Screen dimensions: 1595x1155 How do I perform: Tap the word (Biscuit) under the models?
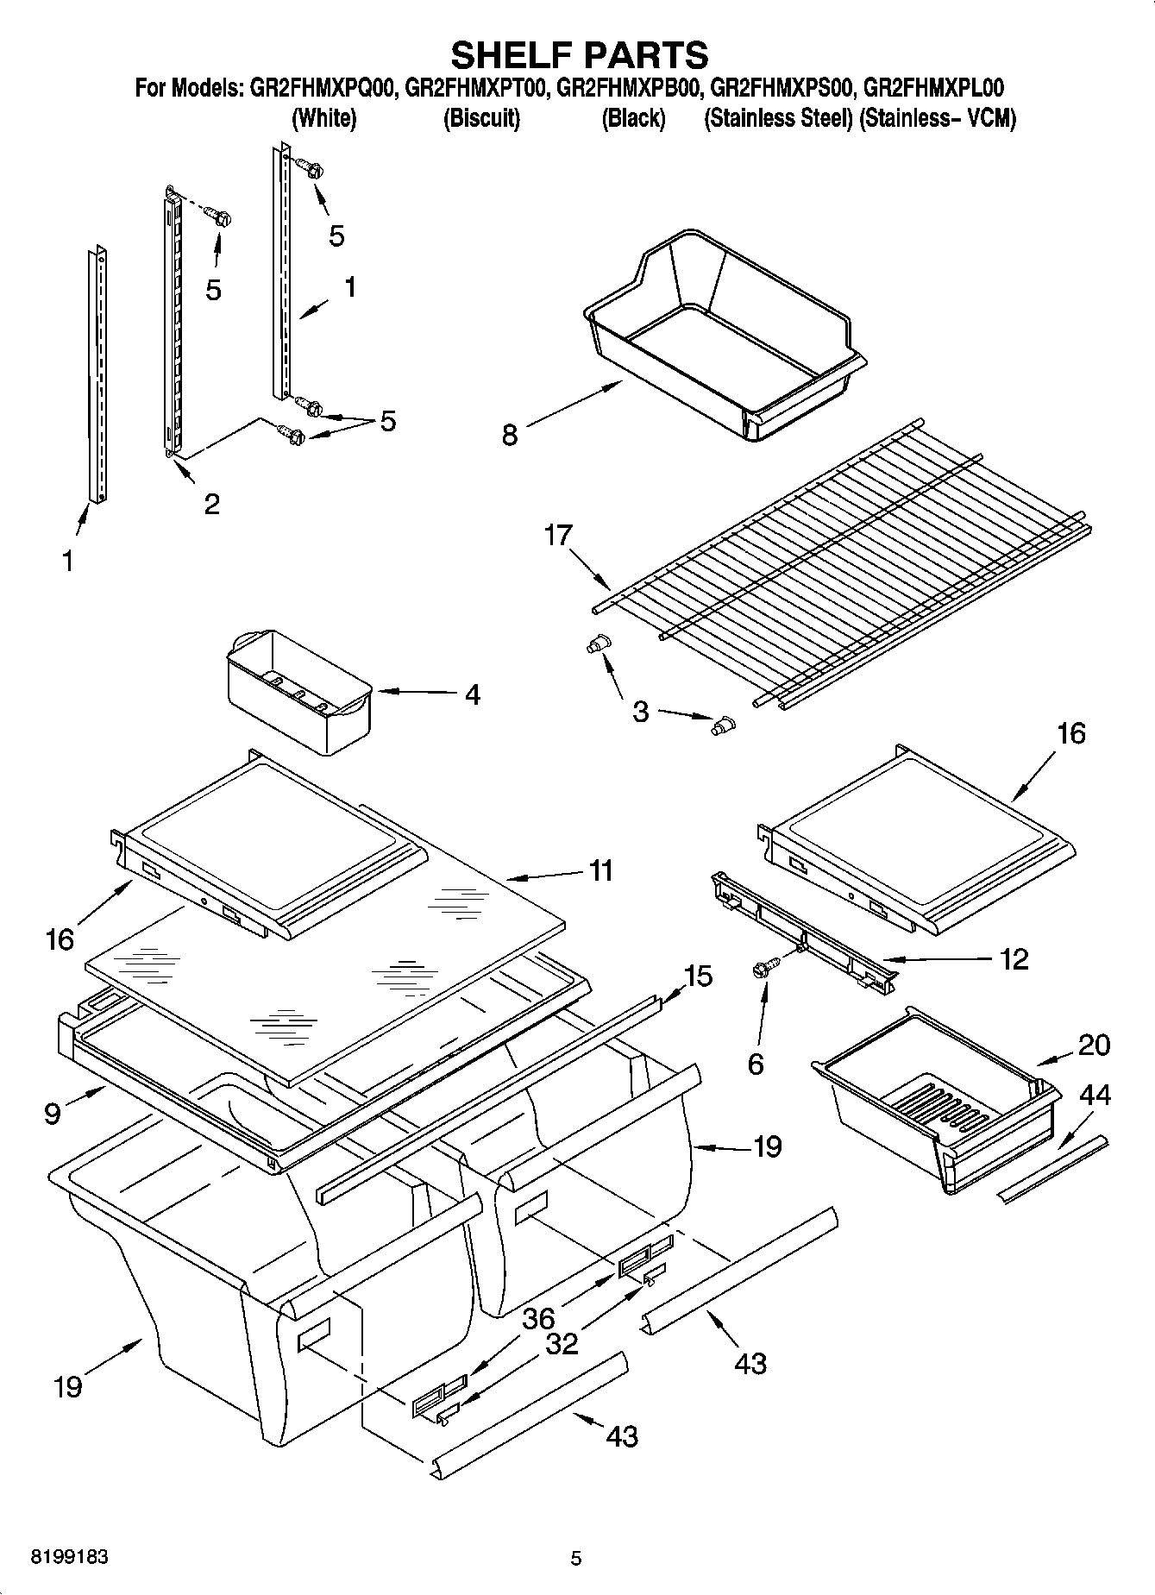click(x=481, y=118)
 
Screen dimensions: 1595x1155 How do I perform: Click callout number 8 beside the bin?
click(x=510, y=435)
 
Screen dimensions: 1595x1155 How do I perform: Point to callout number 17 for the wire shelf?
click(x=558, y=536)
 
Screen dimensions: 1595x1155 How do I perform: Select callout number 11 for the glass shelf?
click(x=600, y=870)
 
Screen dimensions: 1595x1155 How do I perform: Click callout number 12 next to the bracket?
click(x=1014, y=958)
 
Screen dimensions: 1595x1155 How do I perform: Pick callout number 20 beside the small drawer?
click(x=1094, y=1045)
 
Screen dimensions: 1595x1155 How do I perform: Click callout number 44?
click(x=1095, y=1096)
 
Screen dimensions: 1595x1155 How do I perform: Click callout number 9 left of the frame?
click(x=53, y=1114)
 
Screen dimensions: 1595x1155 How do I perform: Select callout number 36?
click(x=538, y=1320)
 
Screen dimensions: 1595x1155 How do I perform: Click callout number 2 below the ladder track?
click(x=211, y=504)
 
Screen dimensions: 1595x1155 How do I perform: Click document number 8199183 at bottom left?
click(x=70, y=1558)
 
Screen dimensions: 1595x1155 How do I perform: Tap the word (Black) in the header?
click(x=633, y=118)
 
